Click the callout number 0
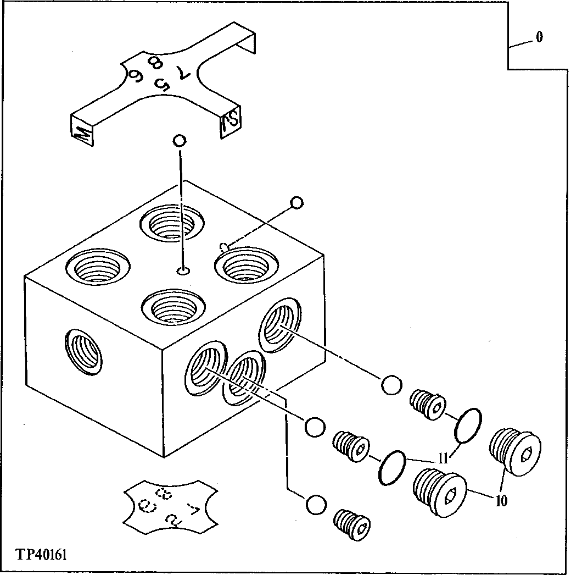point(539,37)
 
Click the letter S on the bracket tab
point(228,122)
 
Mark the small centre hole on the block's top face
point(183,270)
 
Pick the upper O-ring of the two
point(468,424)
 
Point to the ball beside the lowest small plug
point(316,505)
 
